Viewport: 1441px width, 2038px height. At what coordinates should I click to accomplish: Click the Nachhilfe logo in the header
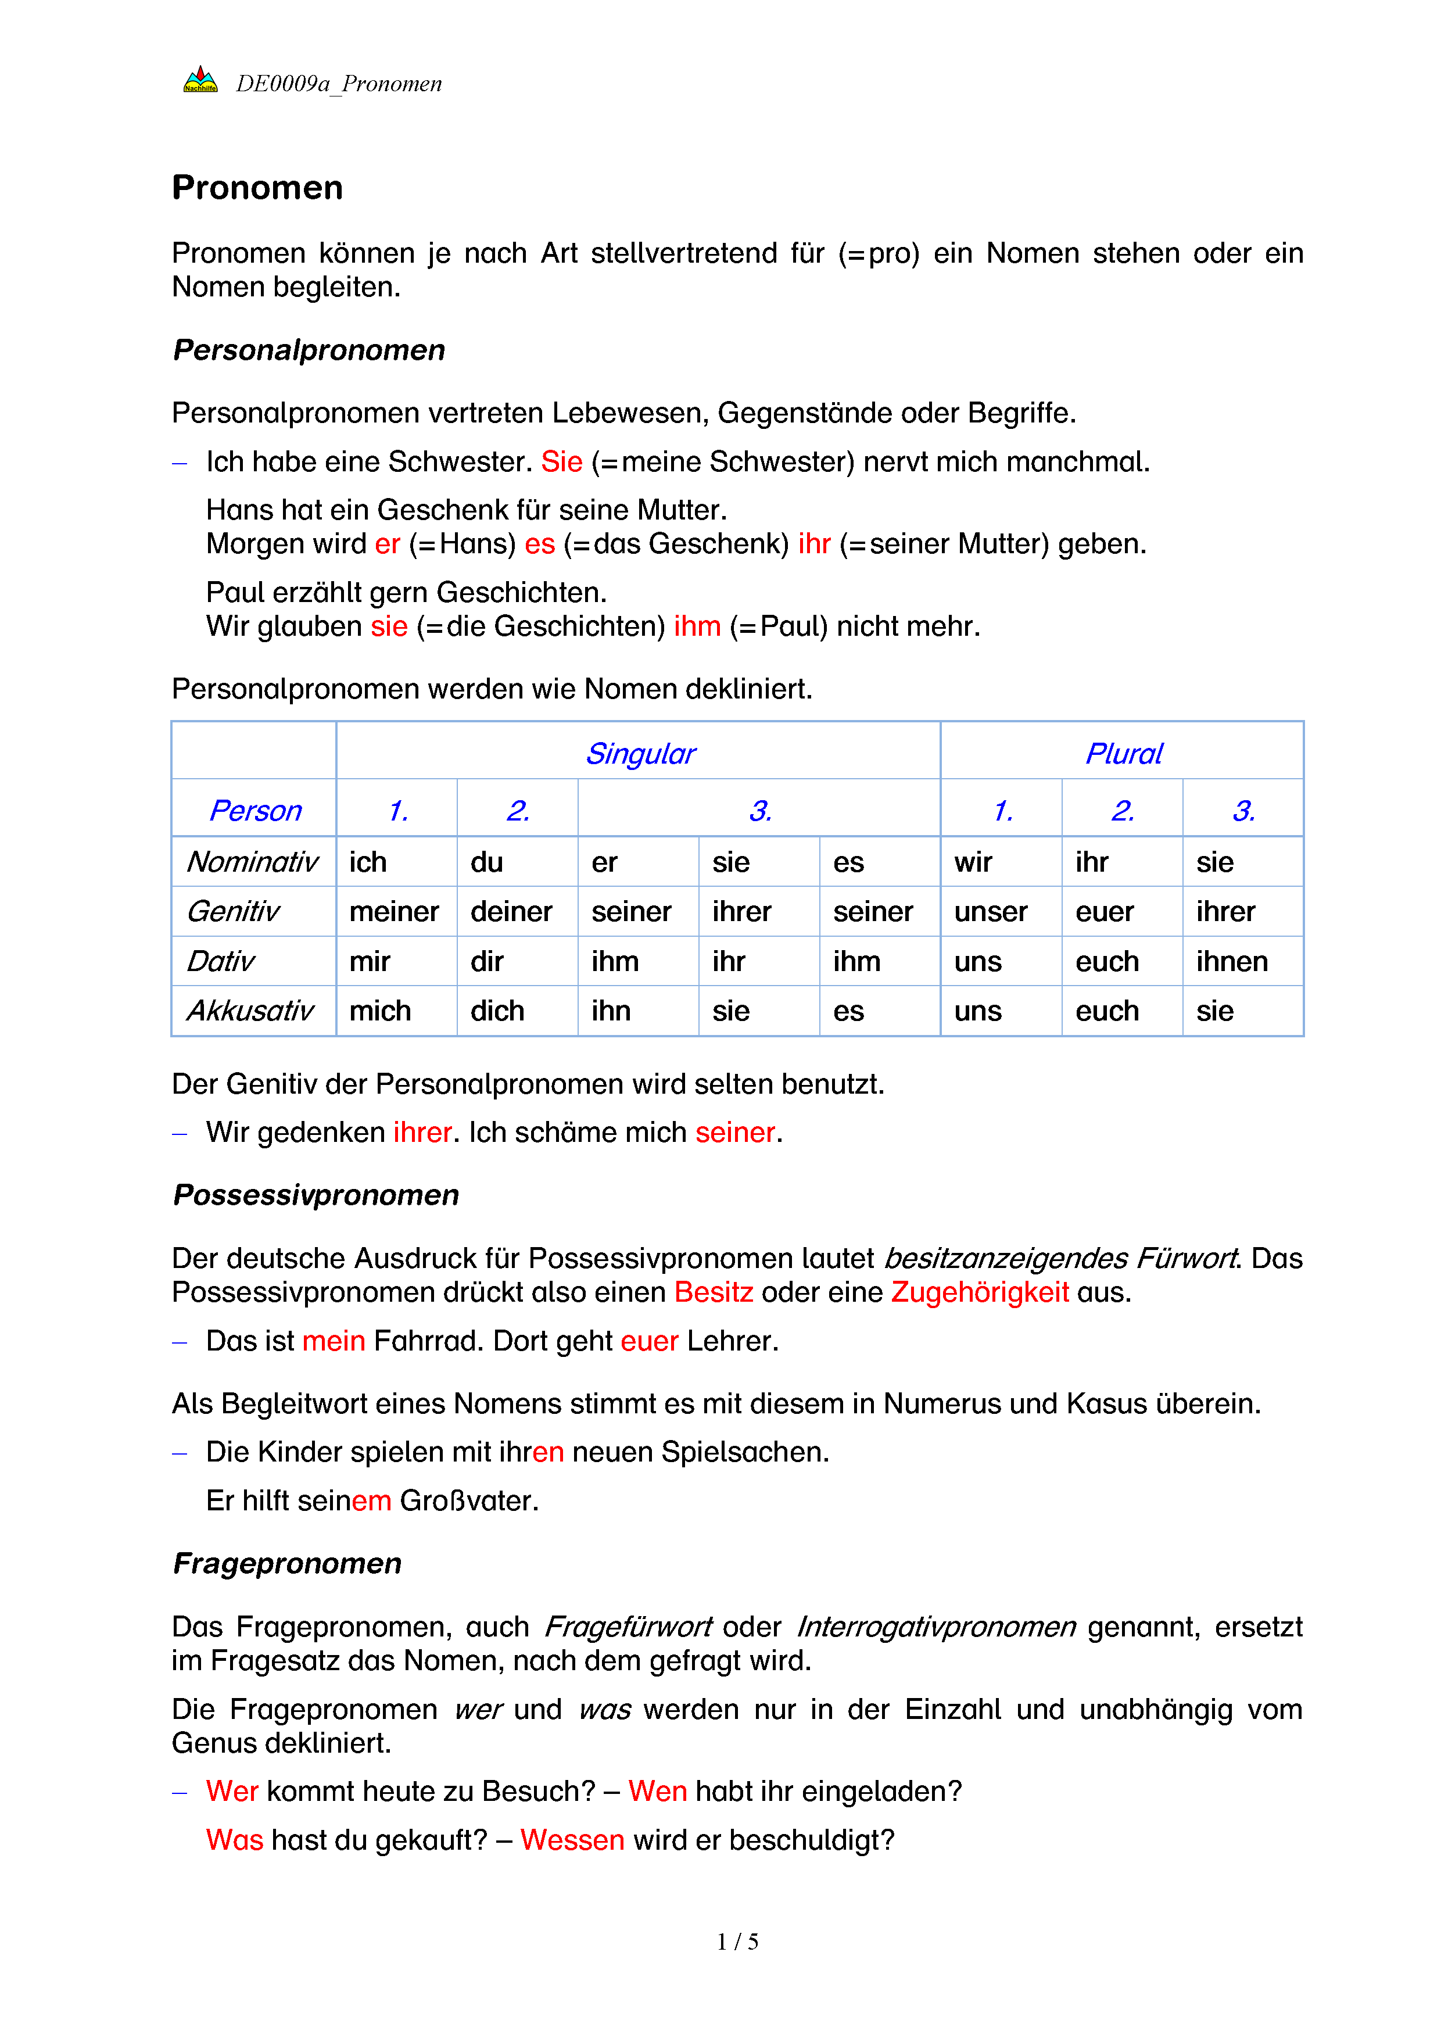tap(200, 81)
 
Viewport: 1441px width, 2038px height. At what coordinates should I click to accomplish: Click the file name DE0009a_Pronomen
tap(338, 84)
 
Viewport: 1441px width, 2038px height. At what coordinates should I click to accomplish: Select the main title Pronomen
tap(257, 188)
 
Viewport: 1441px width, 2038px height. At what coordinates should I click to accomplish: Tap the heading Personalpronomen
tap(309, 350)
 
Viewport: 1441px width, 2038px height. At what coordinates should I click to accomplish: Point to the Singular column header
tap(640, 754)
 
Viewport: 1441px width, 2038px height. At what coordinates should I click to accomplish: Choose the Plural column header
tap(1123, 754)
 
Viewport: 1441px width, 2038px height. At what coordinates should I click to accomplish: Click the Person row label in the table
tap(254, 811)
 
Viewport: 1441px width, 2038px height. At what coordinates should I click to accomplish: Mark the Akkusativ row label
tap(250, 1011)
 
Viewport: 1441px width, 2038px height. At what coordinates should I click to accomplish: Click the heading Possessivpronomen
tap(316, 1195)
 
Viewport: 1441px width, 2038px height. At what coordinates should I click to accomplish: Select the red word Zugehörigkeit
tap(980, 1292)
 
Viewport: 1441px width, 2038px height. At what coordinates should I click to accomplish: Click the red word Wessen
tap(572, 1840)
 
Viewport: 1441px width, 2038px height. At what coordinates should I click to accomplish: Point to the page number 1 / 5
tap(737, 1942)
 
